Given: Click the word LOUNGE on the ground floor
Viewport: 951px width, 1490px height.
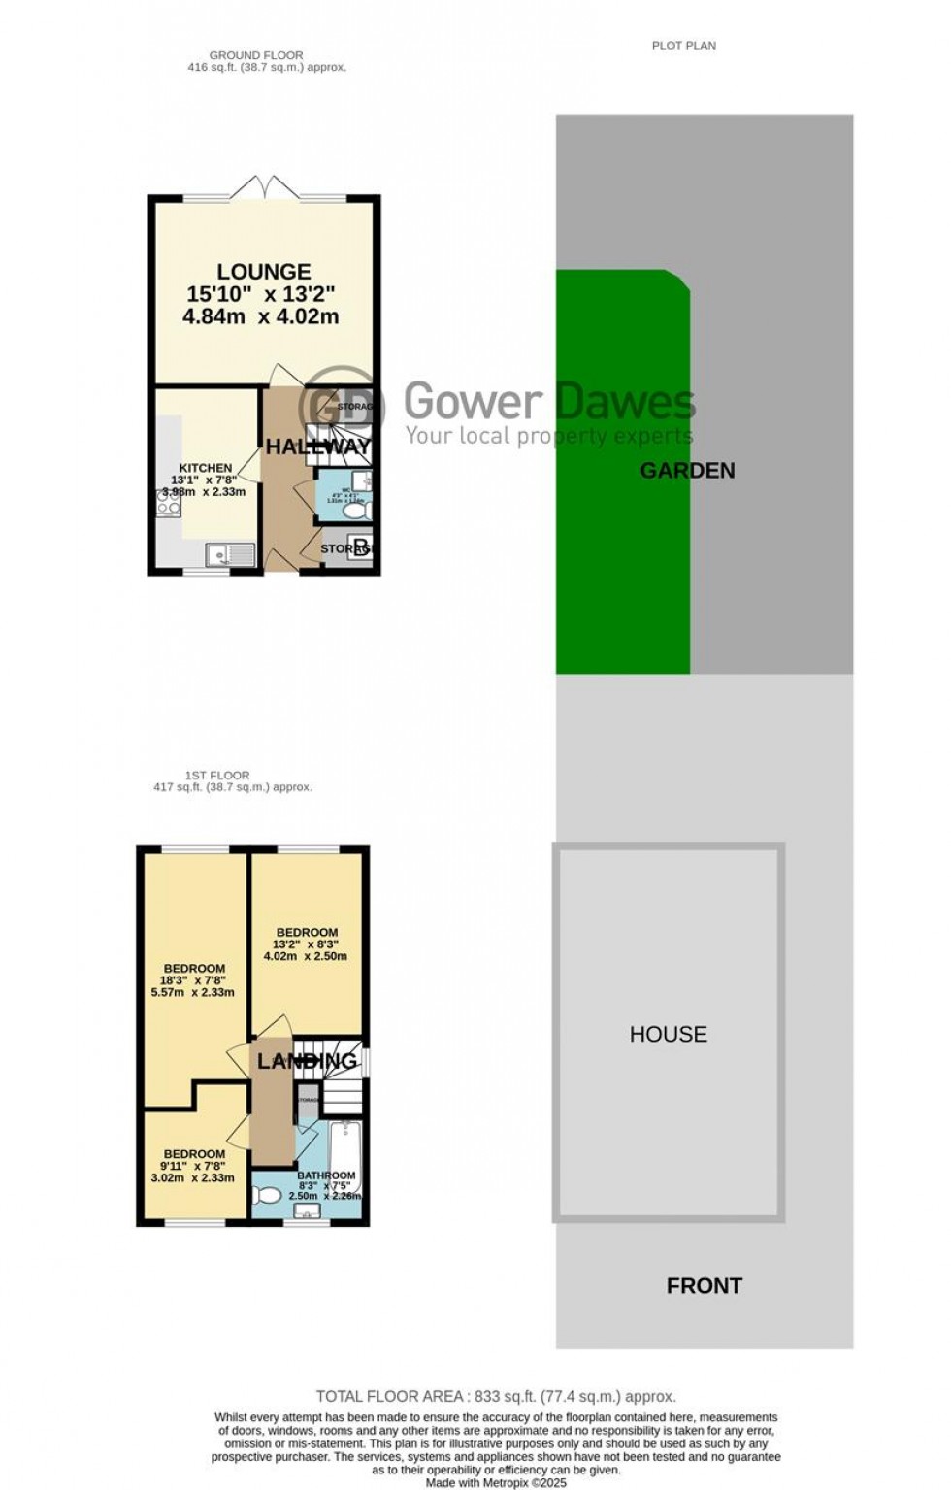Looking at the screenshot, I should click(263, 272).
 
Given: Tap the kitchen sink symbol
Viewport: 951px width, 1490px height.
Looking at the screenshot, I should click(230, 554).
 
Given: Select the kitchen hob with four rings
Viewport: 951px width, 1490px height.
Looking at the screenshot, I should click(169, 503).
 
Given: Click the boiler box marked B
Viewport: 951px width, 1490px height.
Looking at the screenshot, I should click(360, 546).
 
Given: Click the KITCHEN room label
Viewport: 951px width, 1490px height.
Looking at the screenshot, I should click(205, 468).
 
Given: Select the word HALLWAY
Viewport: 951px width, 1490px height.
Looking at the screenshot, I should click(318, 447).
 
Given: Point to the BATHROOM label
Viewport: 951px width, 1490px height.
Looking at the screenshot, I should click(326, 1175).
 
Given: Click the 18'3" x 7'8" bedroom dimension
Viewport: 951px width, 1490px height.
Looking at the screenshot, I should click(194, 980).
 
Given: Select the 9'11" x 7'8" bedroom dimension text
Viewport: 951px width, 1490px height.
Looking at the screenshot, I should click(194, 1166).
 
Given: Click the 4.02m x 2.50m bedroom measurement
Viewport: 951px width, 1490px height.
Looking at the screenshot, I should click(305, 956).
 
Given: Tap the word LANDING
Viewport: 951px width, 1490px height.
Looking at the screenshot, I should click(307, 1061).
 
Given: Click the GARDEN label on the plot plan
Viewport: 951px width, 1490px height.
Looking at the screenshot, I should click(687, 471).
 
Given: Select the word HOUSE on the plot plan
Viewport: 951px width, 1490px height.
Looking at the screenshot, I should click(669, 1034).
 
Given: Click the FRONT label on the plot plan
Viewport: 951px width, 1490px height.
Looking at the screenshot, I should click(704, 1286).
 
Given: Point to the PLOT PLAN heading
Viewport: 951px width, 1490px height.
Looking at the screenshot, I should click(683, 45).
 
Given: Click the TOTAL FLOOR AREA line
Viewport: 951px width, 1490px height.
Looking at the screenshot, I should click(496, 1396).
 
